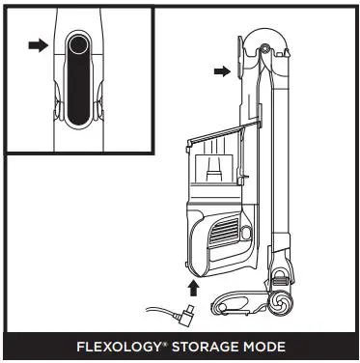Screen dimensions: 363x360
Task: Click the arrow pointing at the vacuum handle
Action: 222,70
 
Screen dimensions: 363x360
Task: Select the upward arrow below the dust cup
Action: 194,287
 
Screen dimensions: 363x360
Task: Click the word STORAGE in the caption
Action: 206,347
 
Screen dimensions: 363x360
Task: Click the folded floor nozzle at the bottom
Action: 241,302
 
